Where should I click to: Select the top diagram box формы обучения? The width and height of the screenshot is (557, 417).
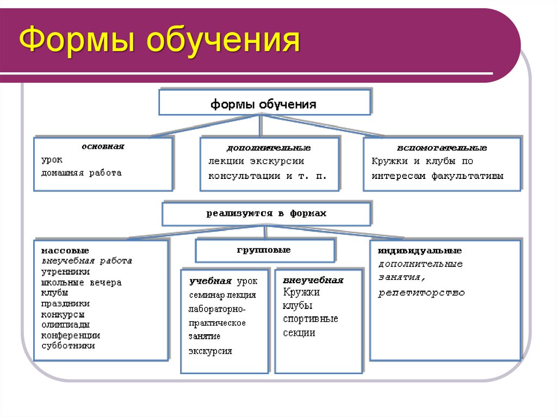click(x=264, y=103)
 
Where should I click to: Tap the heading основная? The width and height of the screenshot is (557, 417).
click(x=103, y=146)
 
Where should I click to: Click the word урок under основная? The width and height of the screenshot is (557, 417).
click(x=52, y=160)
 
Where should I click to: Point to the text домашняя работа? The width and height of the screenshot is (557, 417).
click(x=82, y=173)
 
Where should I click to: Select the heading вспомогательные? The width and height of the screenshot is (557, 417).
click(x=442, y=148)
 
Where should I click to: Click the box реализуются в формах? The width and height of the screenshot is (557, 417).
click(x=267, y=214)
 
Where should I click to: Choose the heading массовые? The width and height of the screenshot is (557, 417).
click(x=65, y=251)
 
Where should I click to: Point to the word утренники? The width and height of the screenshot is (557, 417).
click(x=66, y=271)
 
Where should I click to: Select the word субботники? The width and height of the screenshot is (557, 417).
click(x=68, y=345)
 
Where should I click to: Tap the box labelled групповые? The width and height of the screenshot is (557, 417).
click(x=264, y=250)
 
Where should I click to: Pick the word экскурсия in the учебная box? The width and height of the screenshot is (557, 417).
click(x=210, y=351)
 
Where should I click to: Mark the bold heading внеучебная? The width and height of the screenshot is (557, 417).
click(x=313, y=281)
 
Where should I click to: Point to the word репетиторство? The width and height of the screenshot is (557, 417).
click(x=422, y=292)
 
